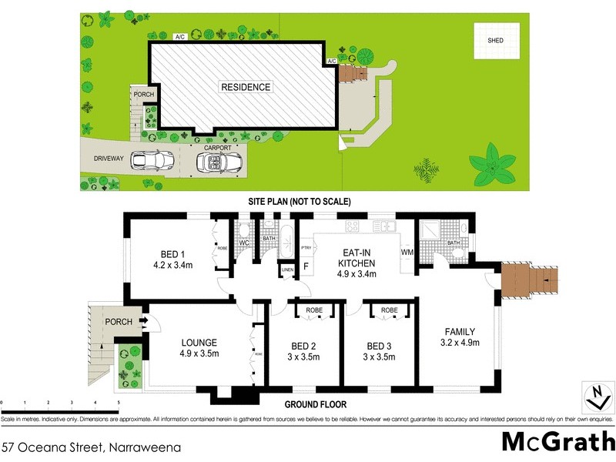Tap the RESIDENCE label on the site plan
(246, 87)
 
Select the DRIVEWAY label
(109, 158)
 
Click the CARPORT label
(217, 146)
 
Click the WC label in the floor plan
(244, 244)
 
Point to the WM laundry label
(407, 252)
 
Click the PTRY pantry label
(306, 247)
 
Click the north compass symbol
(594, 398)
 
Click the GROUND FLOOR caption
(316, 404)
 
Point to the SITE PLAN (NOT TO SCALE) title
(300, 202)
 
